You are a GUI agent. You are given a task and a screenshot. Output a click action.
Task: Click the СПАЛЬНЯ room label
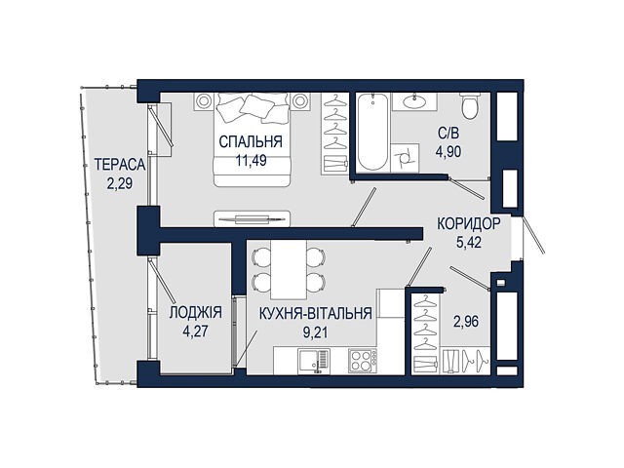(251, 141)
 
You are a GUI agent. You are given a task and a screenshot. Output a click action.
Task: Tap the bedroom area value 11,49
(252, 160)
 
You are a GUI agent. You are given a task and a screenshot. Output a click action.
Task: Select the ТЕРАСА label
(120, 165)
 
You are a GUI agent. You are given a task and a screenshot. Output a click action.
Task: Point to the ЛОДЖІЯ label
(195, 313)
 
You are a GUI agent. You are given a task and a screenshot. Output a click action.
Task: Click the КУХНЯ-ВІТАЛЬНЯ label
(316, 314)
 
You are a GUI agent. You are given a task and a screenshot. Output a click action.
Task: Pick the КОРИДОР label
(468, 223)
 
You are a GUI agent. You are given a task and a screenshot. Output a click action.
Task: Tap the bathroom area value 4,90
(448, 152)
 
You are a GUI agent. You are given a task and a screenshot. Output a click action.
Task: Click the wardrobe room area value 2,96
(466, 321)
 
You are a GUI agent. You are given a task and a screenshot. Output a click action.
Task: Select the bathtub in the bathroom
(372, 132)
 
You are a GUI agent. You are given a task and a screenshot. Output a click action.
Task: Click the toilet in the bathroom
(470, 106)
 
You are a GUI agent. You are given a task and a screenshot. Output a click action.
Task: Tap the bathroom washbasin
(414, 101)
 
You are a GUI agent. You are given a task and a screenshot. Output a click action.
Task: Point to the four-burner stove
(363, 361)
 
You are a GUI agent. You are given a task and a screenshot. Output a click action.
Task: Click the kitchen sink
(314, 361)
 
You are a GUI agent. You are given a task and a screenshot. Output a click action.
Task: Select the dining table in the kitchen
(289, 269)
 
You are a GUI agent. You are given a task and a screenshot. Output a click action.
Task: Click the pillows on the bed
(253, 106)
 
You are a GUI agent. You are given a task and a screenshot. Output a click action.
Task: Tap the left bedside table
(204, 101)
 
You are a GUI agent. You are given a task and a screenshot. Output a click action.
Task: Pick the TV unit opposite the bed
(252, 218)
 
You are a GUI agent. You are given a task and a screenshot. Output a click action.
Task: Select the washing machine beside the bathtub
(406, 158)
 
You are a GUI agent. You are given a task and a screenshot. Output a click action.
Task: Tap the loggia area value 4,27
(195, 331)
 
